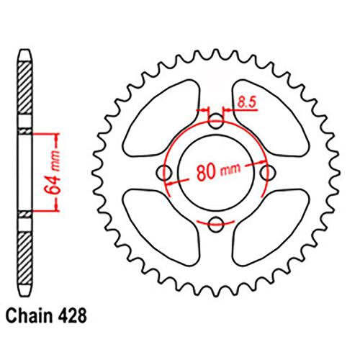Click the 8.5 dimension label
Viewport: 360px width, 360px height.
tap(247, 102)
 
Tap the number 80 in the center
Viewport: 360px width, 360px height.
tap(205, 172)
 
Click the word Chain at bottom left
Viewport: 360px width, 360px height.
tap(29, 316)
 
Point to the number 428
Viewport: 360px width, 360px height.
tap(71, 316)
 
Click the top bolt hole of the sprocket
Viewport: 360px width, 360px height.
tap(216, 121)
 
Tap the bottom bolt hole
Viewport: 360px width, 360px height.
tap(216, 225)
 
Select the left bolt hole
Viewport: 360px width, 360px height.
tap(164, 173)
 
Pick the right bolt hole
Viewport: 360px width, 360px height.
tap(268, 173)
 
